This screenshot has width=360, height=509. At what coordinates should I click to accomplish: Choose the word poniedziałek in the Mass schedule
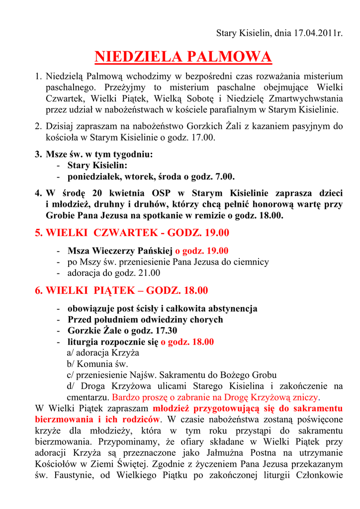point(92,176)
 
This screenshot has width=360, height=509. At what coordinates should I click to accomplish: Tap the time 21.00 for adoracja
point(149,272)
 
